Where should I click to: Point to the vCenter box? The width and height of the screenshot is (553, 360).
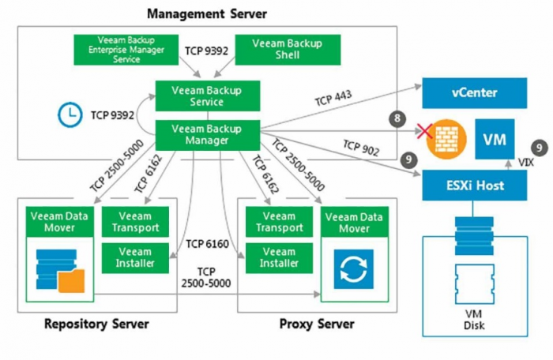click(x=474, y=93)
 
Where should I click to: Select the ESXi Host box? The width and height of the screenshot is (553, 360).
click(x=474, y=186)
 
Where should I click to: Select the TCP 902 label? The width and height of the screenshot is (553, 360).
click(x=360, y=147)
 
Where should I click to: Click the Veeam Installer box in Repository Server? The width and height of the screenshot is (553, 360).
click(x=135, y=257)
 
